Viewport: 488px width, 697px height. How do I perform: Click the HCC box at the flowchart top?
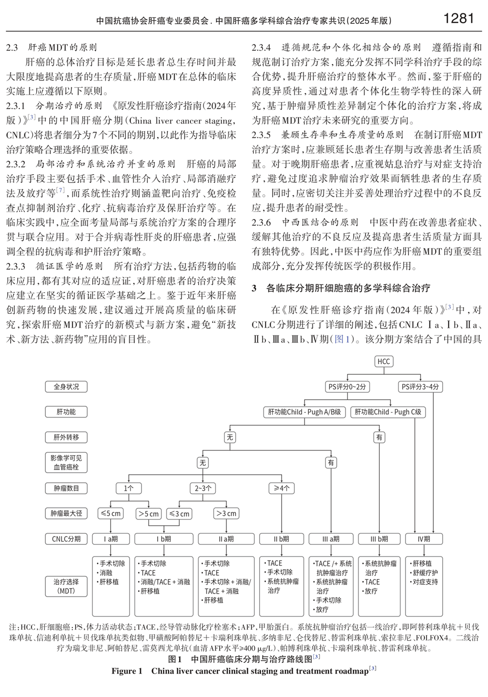[384, 361]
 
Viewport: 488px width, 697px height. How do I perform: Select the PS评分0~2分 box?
[347, 387]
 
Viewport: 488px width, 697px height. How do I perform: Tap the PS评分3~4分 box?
[420, 387]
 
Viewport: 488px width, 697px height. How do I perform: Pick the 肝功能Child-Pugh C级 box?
[388, 412]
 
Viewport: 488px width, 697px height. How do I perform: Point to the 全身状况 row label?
[66, 387]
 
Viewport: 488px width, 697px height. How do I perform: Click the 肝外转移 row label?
[66, 438]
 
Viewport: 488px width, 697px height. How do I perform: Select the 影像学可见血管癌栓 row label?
[66, 462]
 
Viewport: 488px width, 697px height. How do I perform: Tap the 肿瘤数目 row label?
[66, 488]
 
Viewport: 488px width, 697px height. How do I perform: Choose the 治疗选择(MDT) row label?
[66, 586]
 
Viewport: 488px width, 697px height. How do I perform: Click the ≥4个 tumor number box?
[282, 488]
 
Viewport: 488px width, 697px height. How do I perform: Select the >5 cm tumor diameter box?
[149, 514]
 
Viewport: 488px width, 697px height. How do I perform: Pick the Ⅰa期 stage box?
[111, 539]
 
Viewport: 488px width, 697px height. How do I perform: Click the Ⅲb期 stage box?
[379, 539]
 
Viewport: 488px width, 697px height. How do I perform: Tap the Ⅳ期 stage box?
[424, 539]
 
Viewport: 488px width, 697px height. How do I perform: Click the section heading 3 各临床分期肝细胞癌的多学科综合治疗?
[341, 288]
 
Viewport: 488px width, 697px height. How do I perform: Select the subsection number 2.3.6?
[262, 222]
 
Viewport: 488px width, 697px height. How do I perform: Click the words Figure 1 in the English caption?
[127, 671]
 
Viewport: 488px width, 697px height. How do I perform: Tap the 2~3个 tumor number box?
[203, 488]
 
